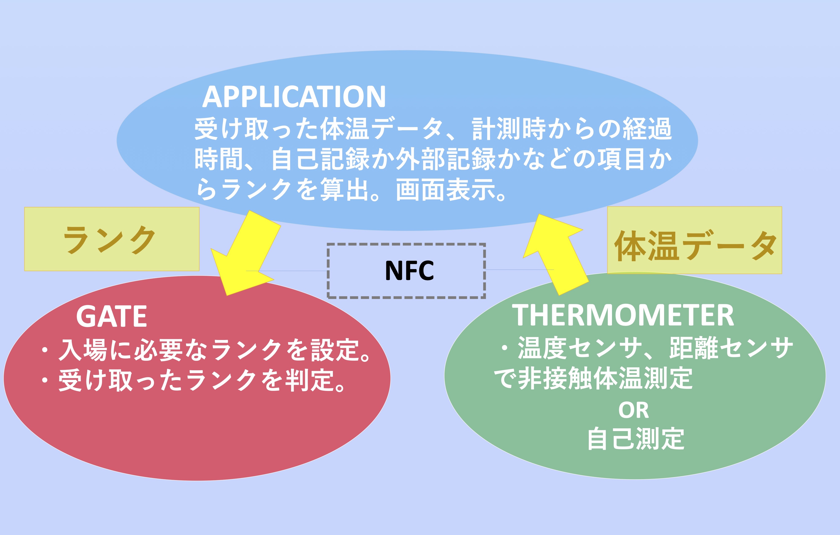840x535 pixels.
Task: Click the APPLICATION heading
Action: click(x=294, y=97)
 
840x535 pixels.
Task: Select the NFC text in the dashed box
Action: click(x=410, y=271)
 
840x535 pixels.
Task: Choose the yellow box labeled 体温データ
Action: click(x=695, y=240)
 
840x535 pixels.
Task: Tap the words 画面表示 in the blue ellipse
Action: click(x=446, y=190)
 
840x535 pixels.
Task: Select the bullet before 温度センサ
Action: click(x=504, y=348)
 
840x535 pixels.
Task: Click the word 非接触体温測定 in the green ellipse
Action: click(x=605, y=378)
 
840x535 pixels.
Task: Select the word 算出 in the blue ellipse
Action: click(x=345, y=190)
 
